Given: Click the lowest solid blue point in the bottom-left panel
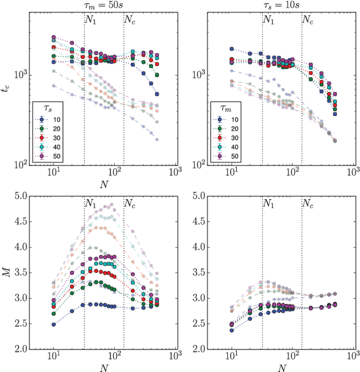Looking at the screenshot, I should tap(54, 324).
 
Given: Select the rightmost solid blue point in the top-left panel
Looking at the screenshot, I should tap(157, 94).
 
